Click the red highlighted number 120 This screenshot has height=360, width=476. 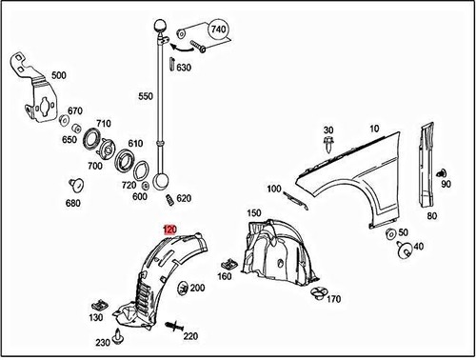pos(169,230)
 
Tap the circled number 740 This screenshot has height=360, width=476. pos(218,30)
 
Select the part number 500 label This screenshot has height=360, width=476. pos(59,75)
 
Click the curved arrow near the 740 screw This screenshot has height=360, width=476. pos(182,49)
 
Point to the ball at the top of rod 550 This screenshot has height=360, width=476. pos(160,26)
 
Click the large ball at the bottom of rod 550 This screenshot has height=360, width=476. pos(161,181)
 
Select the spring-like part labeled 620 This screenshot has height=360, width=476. pos(169,200)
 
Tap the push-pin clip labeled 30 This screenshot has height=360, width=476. pos(328,145)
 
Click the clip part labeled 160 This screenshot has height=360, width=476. pos(228,264)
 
